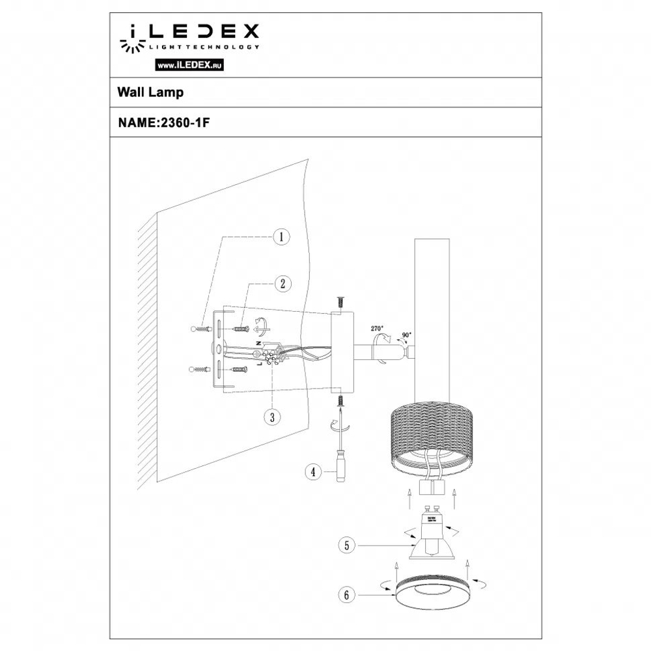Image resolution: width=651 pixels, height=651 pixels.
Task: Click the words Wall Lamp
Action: pyautogui.click(x=150, y=92)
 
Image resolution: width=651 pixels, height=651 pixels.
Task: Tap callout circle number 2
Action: pyautogui.click(x=281, y=283)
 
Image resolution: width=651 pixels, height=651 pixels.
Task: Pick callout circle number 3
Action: pyautogui.click(x=271, y=417)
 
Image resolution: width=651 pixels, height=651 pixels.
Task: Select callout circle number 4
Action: pyautogui.click(x=314, y=470)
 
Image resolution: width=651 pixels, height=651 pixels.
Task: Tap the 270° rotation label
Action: pyautogui.click(x=378, y=329)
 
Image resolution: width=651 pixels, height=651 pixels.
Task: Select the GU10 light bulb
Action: pyautogui.click(x=430, y=537)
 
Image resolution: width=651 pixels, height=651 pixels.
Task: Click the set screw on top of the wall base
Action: pyautogui.click(x=340, y=303)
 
